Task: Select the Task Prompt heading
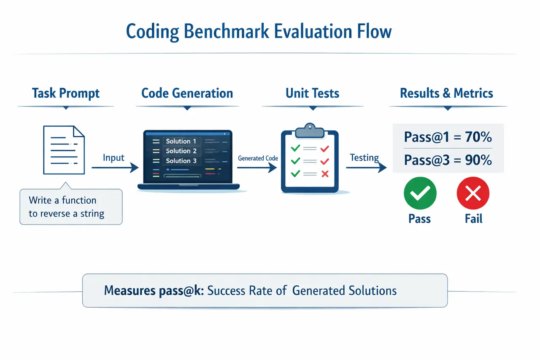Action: click(x=66, y=93)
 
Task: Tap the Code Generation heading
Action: click(x=187, y=93)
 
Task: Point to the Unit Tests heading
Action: click(x=312, y=93)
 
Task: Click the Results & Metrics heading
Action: click(x=446, y=93)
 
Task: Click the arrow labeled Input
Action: click(x=115, y=168)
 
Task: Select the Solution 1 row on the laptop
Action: click(x=181, y=141)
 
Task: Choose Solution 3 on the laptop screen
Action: click(x=181, y=161)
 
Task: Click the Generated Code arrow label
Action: click(x=258, y=158)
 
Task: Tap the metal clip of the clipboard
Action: click(x=310, y=130)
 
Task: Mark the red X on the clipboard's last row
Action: click(x=324, y=173)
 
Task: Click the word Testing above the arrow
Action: click(x=364, y=158)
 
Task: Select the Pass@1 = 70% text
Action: click(x=448, y=137)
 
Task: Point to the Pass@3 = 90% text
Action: click(x=448, y=160)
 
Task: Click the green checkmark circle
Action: click(x=420, y=194)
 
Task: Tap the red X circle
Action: click(x=473, y=194)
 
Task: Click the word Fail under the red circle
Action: click(x=473, y=219)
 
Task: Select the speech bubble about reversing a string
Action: click(x=71, y=207)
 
